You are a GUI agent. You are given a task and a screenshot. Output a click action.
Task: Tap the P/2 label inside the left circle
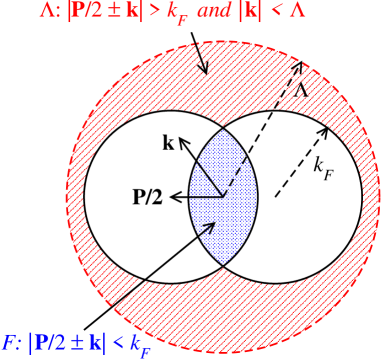tap(148, 197)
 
